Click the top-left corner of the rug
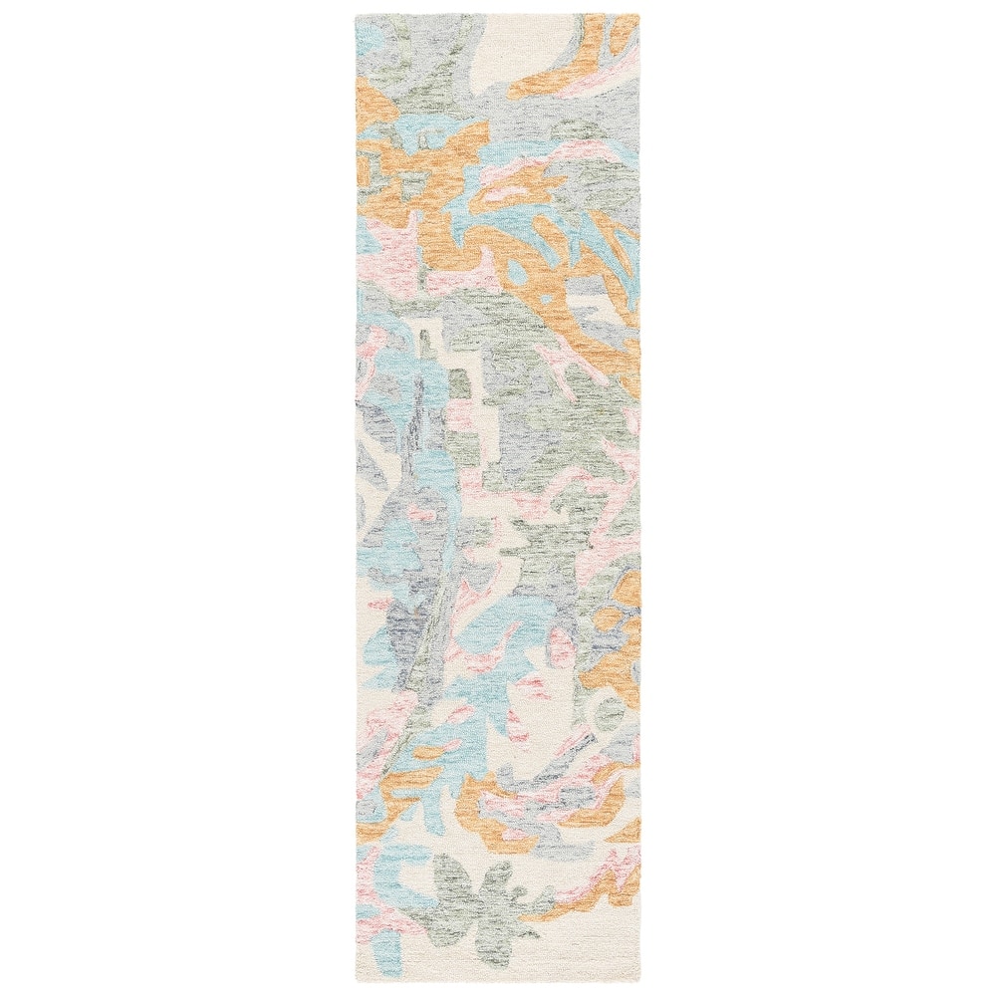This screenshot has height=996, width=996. [x=357, y=15]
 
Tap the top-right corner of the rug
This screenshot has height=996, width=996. [x=640, y=15]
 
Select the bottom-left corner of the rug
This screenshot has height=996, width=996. [x=357, y=981]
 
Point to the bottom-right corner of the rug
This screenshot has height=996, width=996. [x=640, y=981]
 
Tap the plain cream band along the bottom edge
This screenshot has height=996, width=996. [x=498, y=961]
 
